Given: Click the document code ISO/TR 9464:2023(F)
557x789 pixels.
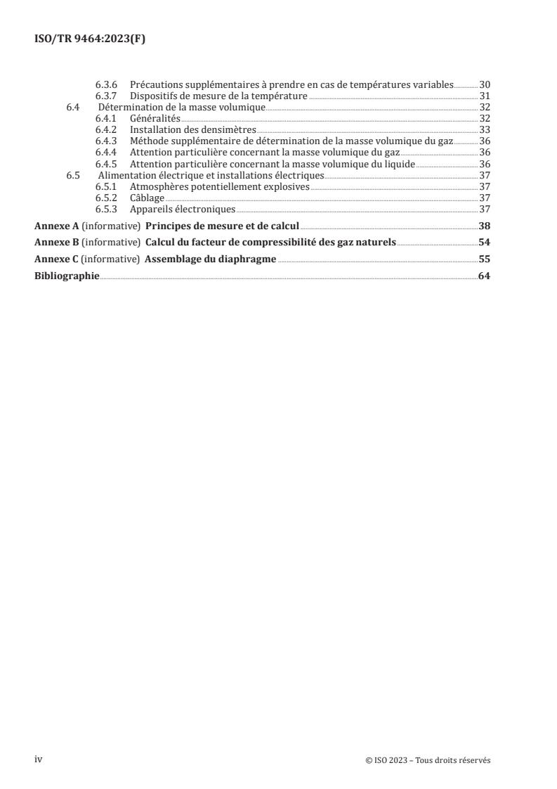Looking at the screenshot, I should pos(90,39).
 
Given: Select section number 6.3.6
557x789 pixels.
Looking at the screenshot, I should pos(107,85).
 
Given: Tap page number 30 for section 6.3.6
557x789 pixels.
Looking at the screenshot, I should pos(484,85).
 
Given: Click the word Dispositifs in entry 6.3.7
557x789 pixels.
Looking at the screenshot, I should pos(152,96).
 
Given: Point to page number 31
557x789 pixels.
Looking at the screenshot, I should pos(484,96).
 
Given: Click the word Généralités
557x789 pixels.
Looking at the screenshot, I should pos(151,119).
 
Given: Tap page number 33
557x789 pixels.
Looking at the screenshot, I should pos(484,130).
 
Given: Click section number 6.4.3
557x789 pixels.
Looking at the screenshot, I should pos(107,141).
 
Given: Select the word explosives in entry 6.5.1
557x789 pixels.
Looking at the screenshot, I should pos(284,186).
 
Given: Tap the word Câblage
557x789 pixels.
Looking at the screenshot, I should pos(148,198).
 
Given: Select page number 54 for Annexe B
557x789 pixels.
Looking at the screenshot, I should pos(484,242).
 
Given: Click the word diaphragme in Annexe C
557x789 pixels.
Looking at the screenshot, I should pos(246,259).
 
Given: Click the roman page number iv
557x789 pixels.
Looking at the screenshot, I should pos(39,759).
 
